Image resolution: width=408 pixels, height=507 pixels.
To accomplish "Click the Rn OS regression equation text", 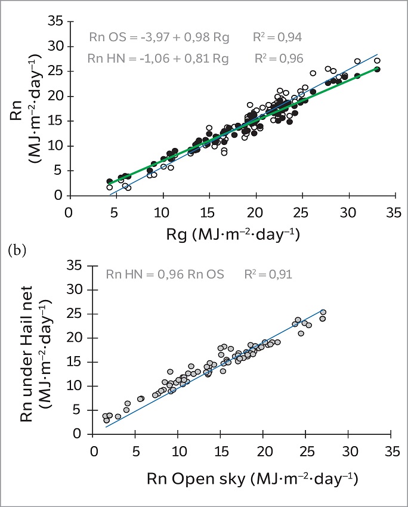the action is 159,37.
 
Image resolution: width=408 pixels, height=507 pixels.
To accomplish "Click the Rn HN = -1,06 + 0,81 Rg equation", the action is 158,58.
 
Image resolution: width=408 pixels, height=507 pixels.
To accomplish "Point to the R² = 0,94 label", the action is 277,37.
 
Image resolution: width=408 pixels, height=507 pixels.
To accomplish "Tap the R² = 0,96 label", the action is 279,58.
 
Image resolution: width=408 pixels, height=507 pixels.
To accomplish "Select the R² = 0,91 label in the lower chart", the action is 268,274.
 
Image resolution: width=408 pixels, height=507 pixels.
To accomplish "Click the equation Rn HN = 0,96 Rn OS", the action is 165,274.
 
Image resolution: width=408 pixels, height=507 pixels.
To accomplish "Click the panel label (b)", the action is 17,251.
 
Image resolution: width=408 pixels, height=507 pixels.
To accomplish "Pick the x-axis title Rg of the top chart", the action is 233,234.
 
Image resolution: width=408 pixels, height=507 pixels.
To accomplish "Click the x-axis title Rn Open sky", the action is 252,479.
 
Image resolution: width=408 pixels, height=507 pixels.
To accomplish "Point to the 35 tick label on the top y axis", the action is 55,21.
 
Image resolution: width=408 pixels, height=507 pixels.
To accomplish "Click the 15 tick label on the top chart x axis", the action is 207,213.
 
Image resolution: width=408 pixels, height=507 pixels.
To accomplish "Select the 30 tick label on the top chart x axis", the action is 348,213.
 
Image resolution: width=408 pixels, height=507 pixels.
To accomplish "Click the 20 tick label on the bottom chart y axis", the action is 75,338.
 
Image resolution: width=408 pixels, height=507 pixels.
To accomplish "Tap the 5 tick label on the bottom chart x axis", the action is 136,452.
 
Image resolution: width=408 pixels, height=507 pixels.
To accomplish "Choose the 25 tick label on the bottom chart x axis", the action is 307,452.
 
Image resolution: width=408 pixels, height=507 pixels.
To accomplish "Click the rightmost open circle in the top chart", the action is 377,60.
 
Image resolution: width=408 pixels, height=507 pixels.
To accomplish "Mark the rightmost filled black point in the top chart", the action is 377,69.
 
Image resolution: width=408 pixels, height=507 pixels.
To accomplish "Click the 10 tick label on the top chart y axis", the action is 55,146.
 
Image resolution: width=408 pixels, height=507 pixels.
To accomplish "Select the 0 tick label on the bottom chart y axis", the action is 78,434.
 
